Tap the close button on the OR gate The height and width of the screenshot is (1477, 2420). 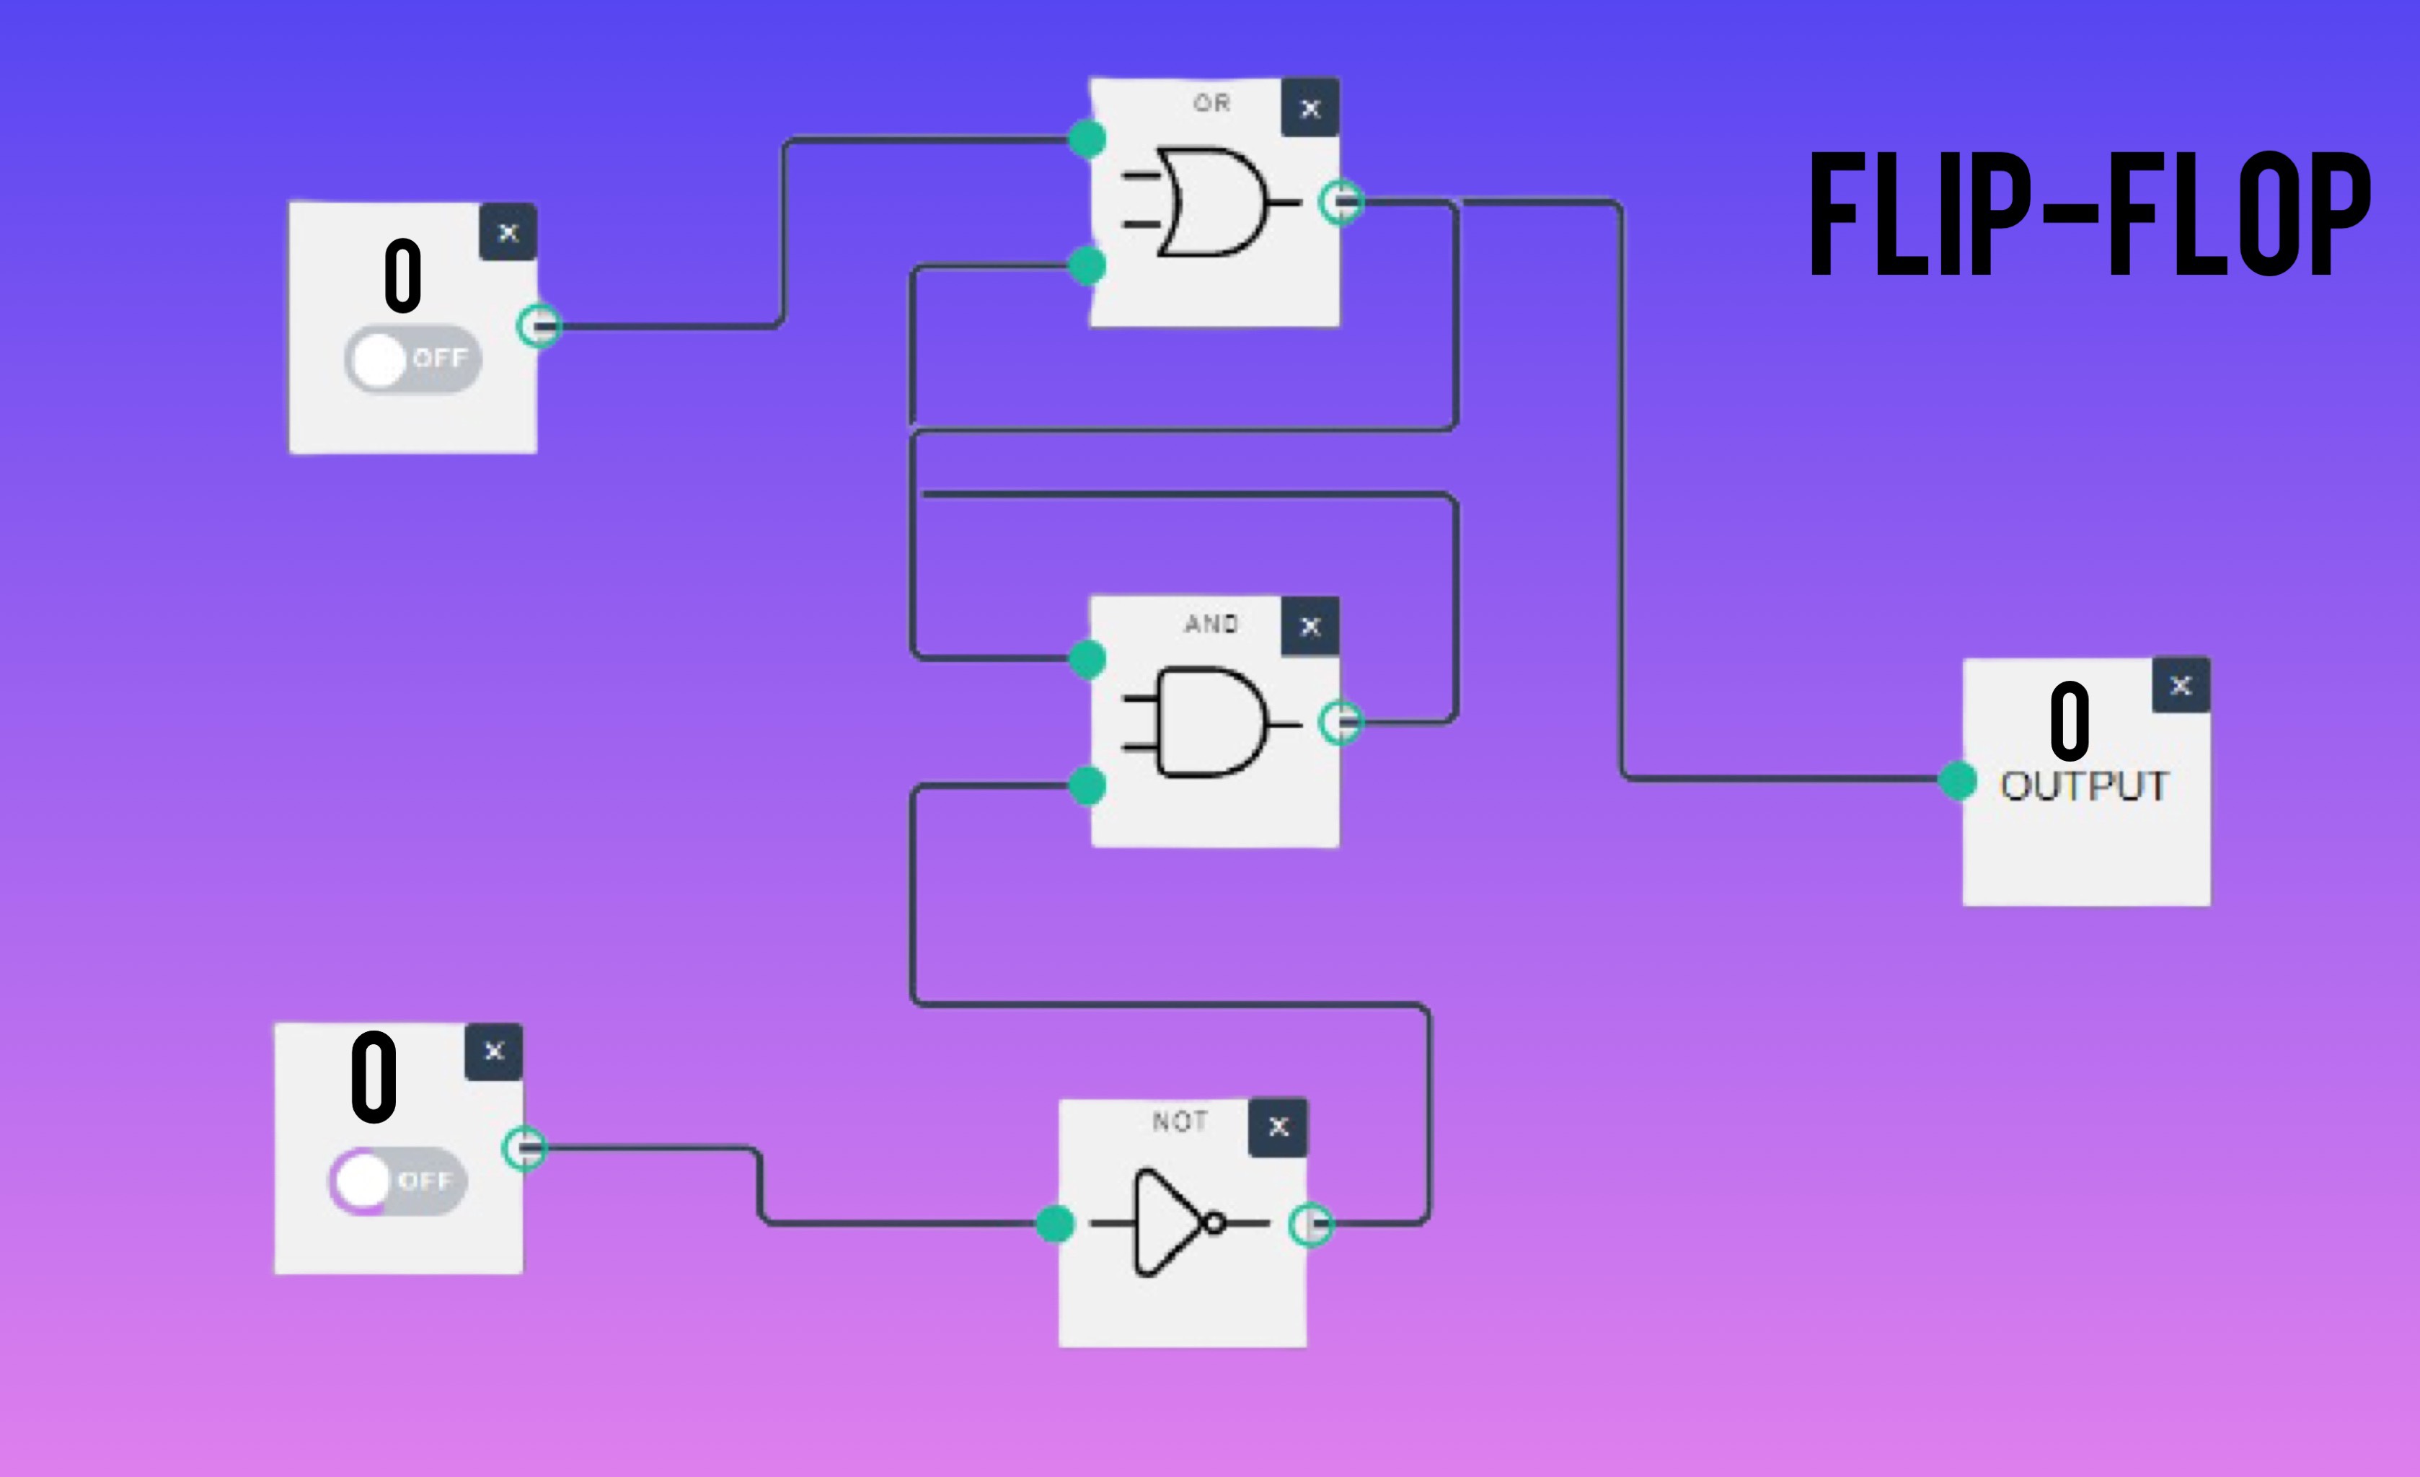1310,108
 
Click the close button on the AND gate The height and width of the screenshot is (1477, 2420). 1310,625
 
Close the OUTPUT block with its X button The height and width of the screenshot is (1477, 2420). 2181,685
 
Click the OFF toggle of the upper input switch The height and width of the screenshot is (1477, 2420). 412,359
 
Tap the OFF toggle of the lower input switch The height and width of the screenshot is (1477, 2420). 398,1181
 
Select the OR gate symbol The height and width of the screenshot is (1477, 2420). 1212,203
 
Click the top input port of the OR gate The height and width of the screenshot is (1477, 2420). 1086,138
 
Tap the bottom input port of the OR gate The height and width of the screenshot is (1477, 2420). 1086,265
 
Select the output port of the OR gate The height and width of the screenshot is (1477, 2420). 1341,203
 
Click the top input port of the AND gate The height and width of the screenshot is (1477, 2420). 1086,659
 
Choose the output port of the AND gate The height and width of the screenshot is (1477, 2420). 1341,723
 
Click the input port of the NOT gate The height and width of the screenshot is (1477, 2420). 1055,1224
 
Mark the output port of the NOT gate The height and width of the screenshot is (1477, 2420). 1311,1225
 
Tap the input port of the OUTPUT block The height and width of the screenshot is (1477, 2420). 1957,781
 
